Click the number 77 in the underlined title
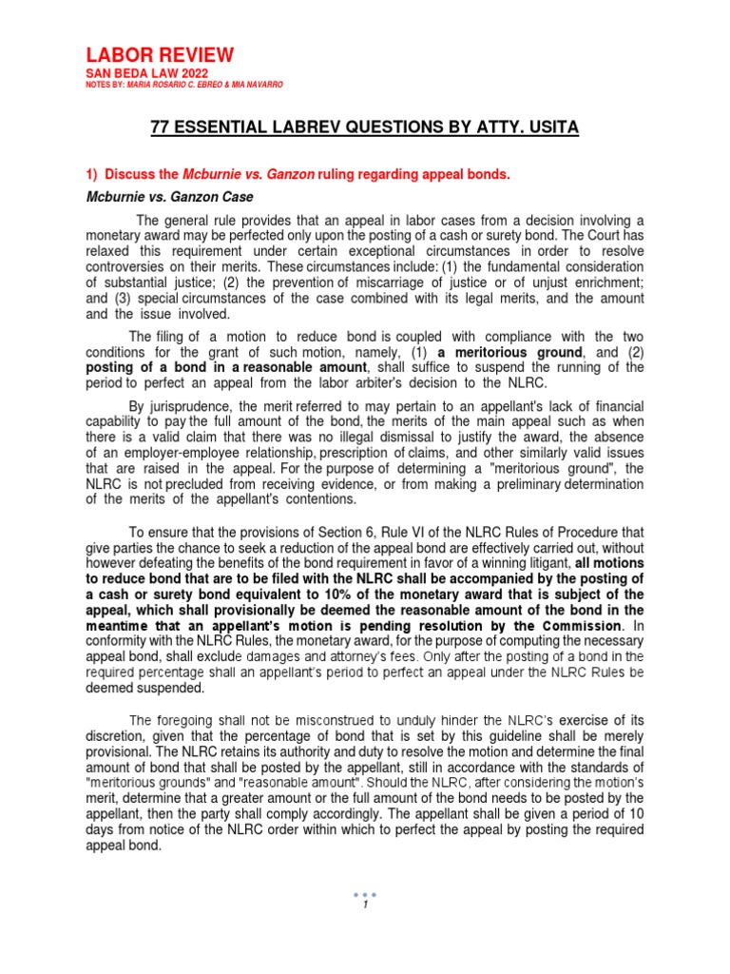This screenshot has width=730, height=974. pyautogui.click(x=163, y=127)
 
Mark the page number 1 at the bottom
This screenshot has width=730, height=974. pyautogui.click(x=365, y=905)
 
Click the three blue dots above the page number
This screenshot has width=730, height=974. pyautogui.click(x=365, y=893)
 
